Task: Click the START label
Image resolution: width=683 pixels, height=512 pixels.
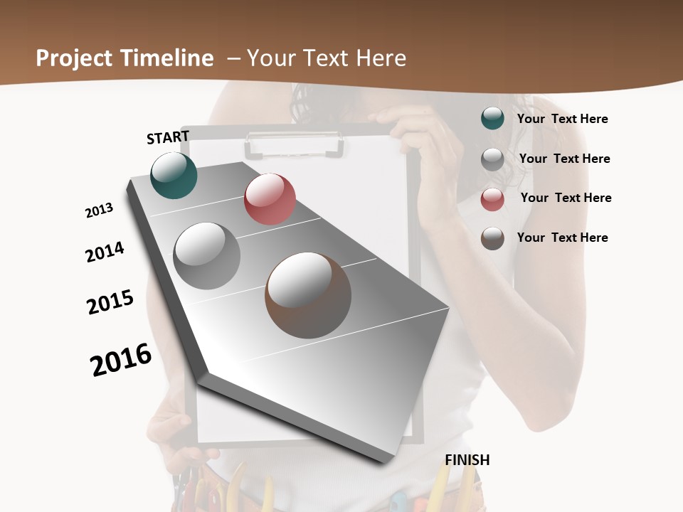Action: (168, 137)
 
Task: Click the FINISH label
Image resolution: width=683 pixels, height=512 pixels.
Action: (467, 460)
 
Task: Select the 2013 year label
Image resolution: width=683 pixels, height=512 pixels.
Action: (99, 210)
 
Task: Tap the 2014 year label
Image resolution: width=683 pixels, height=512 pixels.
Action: (105, 252)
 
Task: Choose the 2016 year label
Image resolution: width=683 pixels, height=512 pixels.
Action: (121, 360)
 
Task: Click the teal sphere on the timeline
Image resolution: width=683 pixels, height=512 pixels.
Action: (174, 176)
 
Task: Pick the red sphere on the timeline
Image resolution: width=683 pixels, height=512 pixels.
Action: (270, 199)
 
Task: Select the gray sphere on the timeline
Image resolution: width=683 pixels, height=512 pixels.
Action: (206, 255)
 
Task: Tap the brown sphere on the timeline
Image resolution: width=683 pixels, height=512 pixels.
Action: (308, 295)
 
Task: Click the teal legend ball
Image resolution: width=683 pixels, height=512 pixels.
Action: (492, 118)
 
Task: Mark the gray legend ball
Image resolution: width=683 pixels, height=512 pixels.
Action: (492, 159)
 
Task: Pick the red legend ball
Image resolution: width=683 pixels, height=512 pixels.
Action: (492, 199)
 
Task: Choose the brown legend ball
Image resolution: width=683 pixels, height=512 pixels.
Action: (492, 238)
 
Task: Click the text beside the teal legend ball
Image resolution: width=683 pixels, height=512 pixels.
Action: (562, 119)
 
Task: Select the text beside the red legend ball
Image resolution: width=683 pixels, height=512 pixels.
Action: (566, 198)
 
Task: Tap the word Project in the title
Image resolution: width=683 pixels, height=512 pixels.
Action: (75, 58)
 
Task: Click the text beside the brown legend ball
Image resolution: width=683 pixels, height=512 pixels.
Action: (562, 238)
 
